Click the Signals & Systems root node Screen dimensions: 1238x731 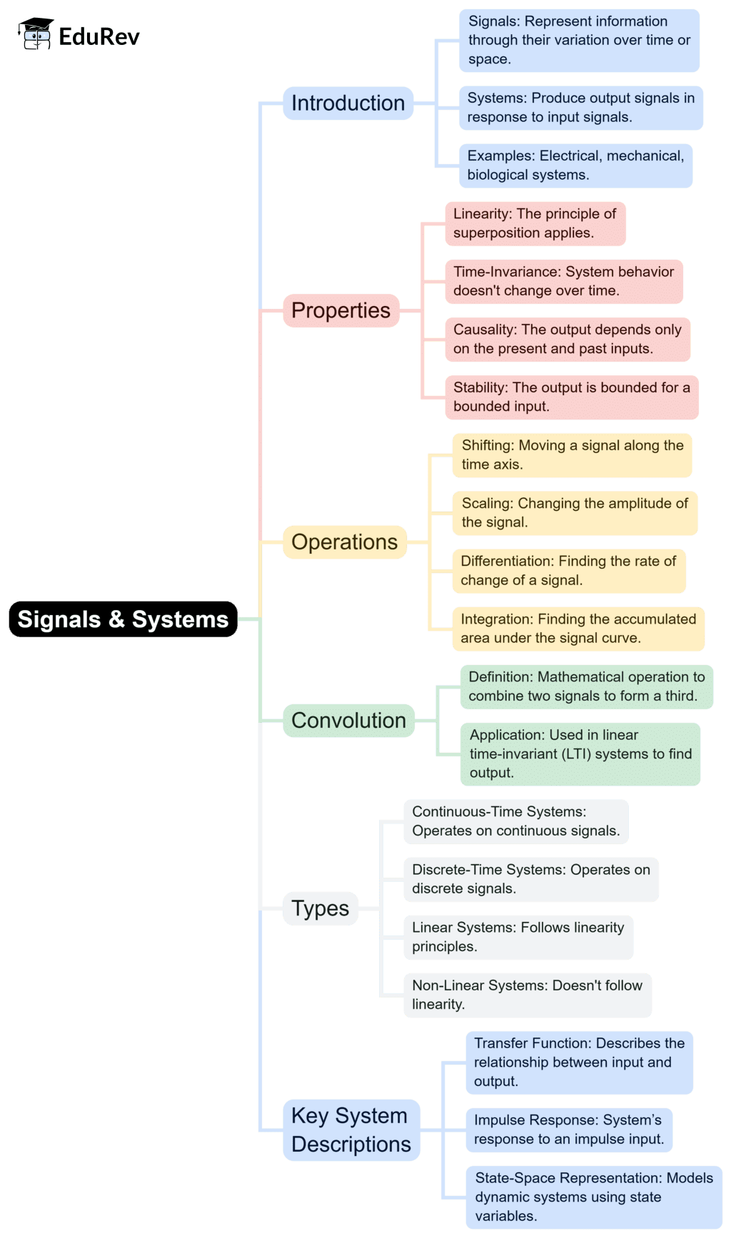pyautogui.click(x=123, y=619)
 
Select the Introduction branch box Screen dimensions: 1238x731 pyautogui.click(x=348, y=103)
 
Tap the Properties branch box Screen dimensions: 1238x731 pyautogui.click(x=341, y=310)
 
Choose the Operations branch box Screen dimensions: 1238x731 pyautogui.click(x=344, y=542)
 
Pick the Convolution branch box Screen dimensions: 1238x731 pyautogui.click(x=348, y=720)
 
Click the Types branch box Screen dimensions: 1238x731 pyautogui.click(x=320, y=908)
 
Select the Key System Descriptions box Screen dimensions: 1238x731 pyautogui.click(x=351, y=1130)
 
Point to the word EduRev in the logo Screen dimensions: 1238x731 pyautogui.click(x=99, y=36)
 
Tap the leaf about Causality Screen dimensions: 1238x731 pyautogui.click(x=568, y=339)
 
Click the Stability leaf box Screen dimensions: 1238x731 pyautogui.click(x=571, y=397)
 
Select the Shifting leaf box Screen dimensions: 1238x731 pyautogui.click(x=572, y=455)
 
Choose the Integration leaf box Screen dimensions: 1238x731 pyautogui.click(x=578, y=629)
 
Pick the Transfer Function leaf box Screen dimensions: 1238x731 pyautogui.click(x=579, y=1062)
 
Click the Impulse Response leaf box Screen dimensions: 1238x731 pyautogui.click(x=569, y=1130)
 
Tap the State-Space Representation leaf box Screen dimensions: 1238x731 pyautogui.click(x=594, y=1197)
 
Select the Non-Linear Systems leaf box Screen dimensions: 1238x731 pyautogui.click(x=527, y=995)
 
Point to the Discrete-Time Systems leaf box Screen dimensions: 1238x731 pyautogui.click(x=530, y=879)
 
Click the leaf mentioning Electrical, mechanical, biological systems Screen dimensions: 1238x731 pyautogui.click(x=575, y=165)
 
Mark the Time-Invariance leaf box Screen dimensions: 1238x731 pyautogui.click(x=563, y=281)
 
